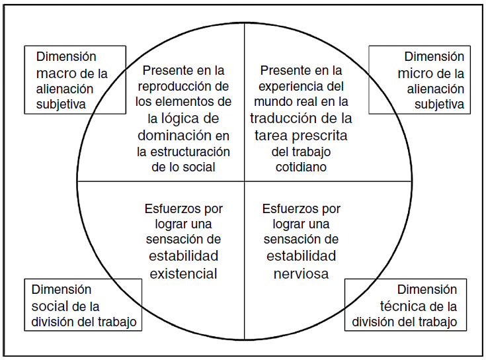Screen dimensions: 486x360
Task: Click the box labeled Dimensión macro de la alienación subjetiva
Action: click(74, 80)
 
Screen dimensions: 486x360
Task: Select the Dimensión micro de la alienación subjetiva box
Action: click(419, 80)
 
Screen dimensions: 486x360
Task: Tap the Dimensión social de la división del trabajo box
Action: click(83, 305)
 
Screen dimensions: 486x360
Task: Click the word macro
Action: click(56, 73)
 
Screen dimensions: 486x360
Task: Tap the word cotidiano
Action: click(301, 167)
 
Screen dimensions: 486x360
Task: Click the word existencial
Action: click(184, 272)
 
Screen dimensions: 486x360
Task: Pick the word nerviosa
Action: click(301, 272)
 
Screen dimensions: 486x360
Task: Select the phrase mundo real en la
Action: click(301, 102)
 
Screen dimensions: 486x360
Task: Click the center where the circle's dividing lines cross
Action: click(244, 181)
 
